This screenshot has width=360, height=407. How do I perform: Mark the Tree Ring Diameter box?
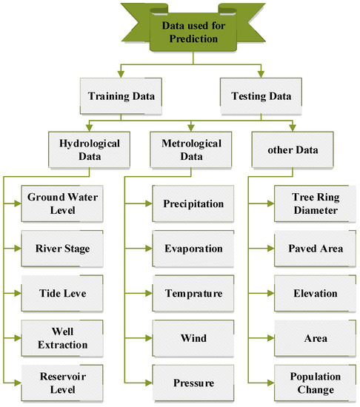tap(307, 203)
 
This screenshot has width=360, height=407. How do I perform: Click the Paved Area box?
tap(307, 249)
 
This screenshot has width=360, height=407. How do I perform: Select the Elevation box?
tap(307, 293)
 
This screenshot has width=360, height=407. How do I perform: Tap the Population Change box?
tap(307, 383)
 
